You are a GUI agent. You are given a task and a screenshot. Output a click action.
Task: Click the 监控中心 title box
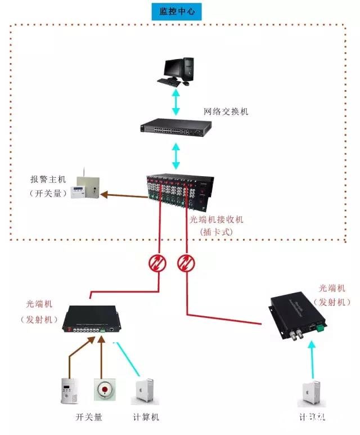(x=177, y=12)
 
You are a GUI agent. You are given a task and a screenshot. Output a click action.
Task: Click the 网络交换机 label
(x=226, y=111)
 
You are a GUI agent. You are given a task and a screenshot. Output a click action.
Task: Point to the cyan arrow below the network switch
(x=176, y=156)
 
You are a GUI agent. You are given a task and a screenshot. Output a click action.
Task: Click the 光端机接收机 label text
(x=216, y=219)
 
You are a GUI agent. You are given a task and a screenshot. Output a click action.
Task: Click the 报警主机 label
(x=48, y=180)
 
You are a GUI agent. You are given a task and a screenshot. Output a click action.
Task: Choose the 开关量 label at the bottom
(x=89, y=418)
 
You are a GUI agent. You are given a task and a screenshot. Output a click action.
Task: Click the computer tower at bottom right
(x=311, y=393)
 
